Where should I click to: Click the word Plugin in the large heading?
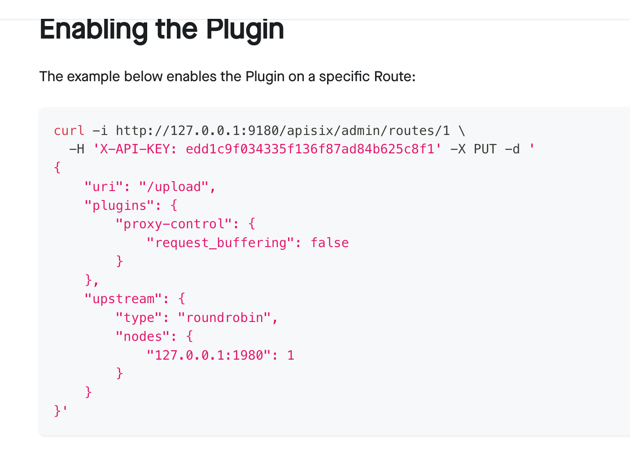point(245,30)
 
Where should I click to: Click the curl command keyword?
point(69,130)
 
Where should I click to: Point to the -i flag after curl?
point(100,130)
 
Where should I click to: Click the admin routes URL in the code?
point(283,130)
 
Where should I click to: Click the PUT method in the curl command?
point(485,149)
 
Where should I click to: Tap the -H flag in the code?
point(77,149)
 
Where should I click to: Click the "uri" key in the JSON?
point(104,187)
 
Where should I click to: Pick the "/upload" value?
point(174,187)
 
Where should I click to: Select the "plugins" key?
point(119,205)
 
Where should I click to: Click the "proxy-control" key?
point(174,224)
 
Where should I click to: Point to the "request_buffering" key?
point(220,243)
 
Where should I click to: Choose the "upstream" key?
point(123,299)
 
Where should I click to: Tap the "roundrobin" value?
point(224,317)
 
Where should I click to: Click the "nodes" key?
point(143,336)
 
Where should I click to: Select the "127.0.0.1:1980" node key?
point(209,355)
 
